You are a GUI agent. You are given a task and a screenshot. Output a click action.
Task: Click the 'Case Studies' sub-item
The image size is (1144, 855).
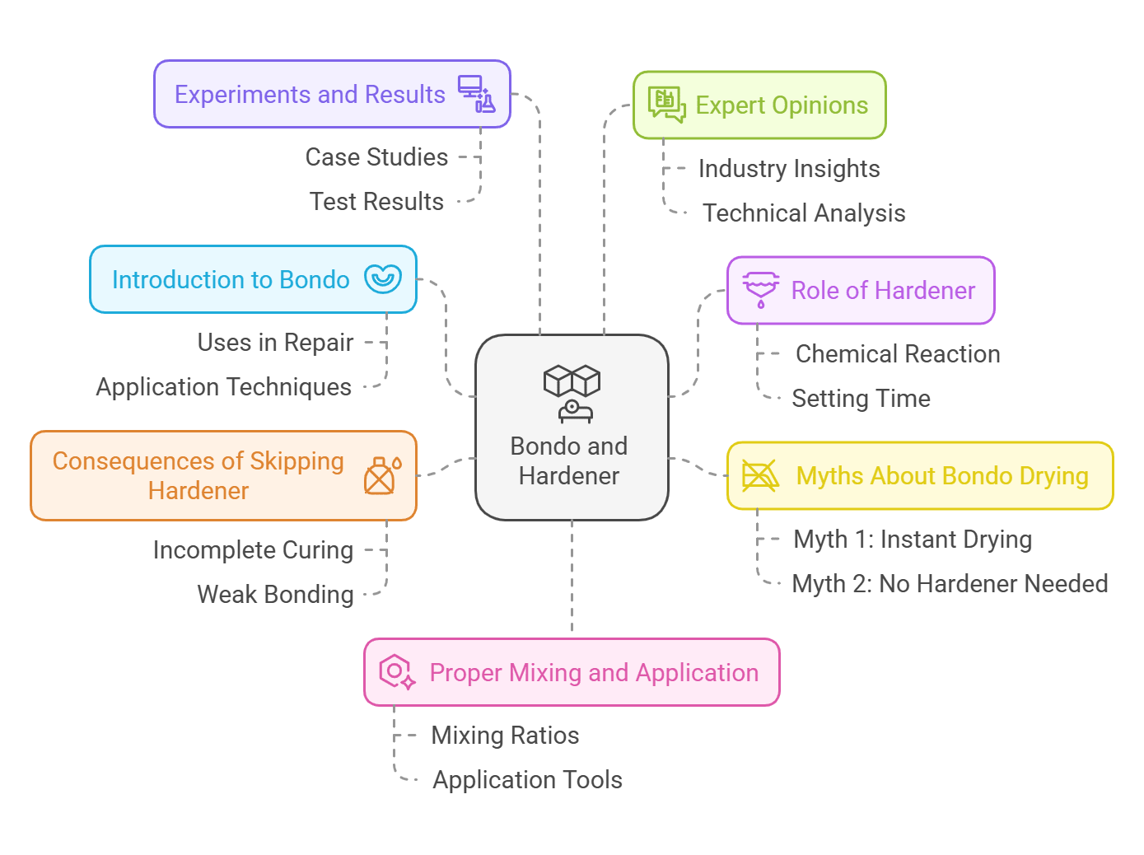[x=376, y=157]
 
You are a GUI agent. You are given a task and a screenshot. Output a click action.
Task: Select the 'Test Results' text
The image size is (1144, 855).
[x=376, y=202]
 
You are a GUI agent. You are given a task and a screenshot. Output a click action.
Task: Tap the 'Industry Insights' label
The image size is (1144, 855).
[x=789, y=169]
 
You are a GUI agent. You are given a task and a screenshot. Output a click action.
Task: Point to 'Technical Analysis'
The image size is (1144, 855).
[x=804, y=213]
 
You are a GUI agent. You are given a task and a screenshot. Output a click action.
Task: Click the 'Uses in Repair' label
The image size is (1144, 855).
[x=275, y=343]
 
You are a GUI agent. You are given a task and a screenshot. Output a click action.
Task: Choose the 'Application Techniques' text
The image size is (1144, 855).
[x=223, y=387]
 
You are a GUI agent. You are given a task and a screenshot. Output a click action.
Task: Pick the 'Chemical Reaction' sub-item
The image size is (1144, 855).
[x=898, y=354]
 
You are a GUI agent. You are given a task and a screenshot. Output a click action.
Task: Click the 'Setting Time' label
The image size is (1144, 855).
[x=861, y=399]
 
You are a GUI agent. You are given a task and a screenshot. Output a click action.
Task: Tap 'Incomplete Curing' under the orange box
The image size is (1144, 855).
[x=253, y=550]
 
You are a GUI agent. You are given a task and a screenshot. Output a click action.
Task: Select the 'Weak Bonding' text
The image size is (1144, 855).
[x=275, y=595]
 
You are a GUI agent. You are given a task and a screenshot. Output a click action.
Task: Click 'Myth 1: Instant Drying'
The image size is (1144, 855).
[x=913, y=540]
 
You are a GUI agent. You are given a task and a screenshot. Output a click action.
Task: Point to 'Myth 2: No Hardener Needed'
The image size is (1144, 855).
[x=950, y=584]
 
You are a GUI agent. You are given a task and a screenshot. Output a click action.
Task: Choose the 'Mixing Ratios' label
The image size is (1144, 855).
[x=505, y=736]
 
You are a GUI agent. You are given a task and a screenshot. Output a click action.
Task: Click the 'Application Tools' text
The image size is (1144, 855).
[x=527, y=780]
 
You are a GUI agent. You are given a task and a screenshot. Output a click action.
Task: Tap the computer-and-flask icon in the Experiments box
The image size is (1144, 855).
[x=477, y=94]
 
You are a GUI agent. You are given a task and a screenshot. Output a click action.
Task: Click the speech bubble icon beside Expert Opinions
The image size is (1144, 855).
[x=666, y=105]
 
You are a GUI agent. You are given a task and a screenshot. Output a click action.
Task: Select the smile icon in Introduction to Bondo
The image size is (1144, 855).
[x=383, y=279]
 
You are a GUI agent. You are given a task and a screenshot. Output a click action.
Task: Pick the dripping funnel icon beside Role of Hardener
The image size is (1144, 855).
[x=760, y=290]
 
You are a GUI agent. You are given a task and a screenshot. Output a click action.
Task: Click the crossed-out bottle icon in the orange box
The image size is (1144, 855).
[x=381, y=476]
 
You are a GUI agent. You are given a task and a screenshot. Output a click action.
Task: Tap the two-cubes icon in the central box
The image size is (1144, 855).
[x=572, y=381]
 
